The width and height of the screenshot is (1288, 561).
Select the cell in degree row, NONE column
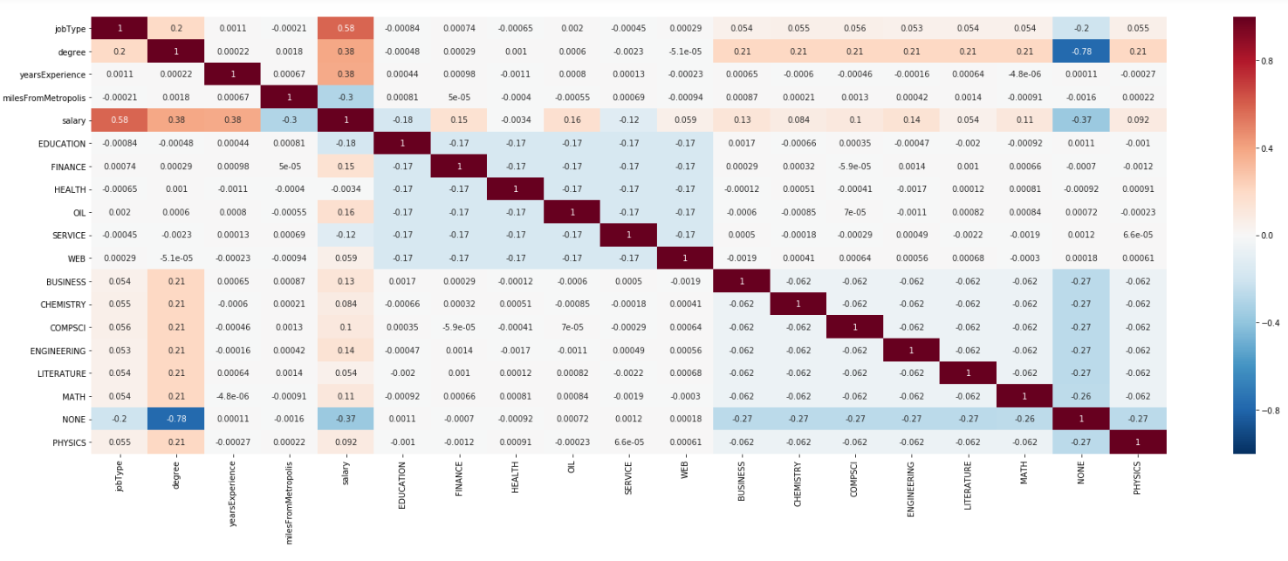point(1081,51)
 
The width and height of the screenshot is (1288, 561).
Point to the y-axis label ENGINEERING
point(57,351)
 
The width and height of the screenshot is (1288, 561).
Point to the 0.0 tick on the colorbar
point(1262,236)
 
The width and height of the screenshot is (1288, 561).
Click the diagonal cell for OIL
point(572,213)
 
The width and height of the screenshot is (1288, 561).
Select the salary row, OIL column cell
point(572,120)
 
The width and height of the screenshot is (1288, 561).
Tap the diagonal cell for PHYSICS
point(1138,442)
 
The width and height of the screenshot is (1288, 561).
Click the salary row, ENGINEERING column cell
point(911,120)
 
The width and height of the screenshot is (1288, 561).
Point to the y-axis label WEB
point(75,259)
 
